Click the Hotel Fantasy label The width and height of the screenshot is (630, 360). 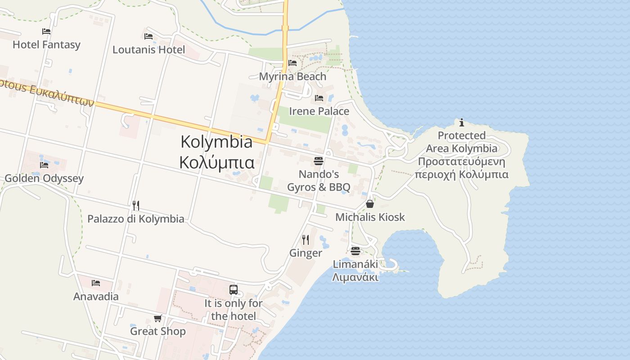tap(46, 45)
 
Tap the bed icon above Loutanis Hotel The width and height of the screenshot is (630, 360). tap(148, 36)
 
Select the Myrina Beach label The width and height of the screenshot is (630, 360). tap(292, 76)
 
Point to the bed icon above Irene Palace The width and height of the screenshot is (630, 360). tap(319, 98)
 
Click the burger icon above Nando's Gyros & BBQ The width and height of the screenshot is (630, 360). tap(319, 161)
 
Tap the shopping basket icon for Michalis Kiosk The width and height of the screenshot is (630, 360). tap(370, 204)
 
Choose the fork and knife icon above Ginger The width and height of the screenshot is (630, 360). tap(306, 239)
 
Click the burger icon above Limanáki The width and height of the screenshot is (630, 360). tap(355, 251)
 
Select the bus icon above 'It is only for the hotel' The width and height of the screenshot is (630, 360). tap(233, 290)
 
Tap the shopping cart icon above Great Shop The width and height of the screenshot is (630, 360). tap(157, 319)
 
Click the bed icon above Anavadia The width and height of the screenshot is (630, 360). tap(96, 283)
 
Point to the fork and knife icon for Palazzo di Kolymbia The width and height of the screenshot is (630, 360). tap(136, 206)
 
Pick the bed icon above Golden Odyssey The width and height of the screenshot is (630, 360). tap(44, 165)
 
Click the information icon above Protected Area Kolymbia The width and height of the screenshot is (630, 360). tap(462, 122)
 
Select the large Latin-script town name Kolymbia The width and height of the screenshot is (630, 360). tap(216, 142)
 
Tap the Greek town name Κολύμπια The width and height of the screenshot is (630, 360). tap(216, 162)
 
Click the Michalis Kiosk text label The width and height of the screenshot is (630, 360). tap(370, 217)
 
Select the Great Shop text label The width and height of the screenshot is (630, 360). tap(157, 332)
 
